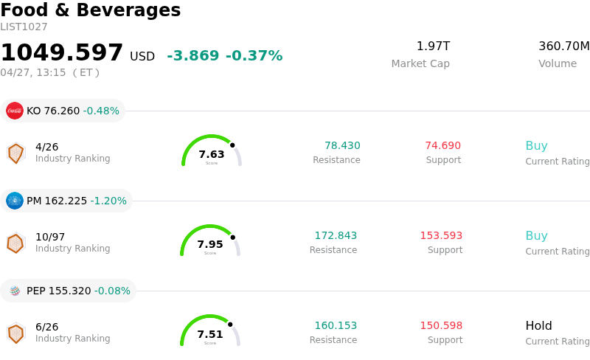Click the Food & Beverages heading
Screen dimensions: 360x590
tap(90, 10)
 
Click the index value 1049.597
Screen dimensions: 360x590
tap(62, 53)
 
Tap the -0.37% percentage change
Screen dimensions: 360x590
tap(254, 56)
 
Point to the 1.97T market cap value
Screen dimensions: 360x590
tap(433, 46)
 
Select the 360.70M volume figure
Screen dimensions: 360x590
tap(563, 46)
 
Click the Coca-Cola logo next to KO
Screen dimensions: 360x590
tap(15, 111)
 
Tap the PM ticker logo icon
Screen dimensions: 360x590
tap(15, 201)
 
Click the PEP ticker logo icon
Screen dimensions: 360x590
tap(15, 291)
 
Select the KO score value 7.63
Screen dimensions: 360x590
tap(212, 154)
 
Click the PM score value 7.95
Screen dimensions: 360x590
tap(210, 244)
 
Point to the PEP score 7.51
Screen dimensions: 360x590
tap(210, 334)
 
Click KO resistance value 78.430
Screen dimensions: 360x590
tap(342, 146)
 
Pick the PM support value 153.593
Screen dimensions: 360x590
tap(441, 236)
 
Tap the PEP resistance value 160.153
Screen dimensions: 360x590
tap(336, 326)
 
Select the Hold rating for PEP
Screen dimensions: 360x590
tap(538, 326)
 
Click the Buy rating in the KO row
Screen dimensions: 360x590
tap(536, 146)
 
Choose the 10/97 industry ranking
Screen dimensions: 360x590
tap(50, 237)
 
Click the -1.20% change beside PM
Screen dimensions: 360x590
tap(108, 201)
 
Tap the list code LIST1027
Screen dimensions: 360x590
tap(24, 27)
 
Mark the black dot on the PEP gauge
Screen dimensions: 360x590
tap(230, 325)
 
